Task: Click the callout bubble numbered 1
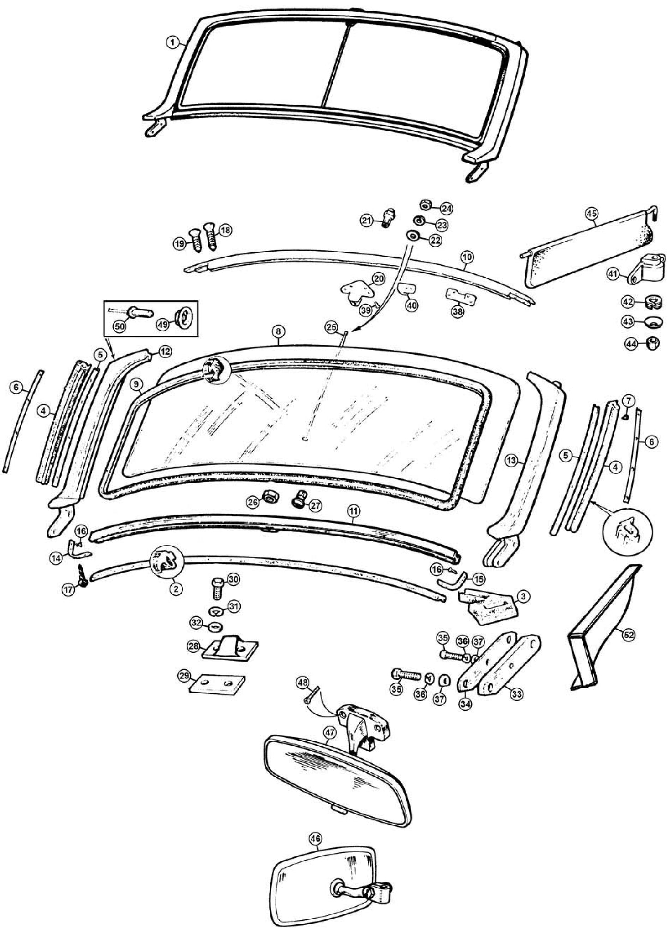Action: pyautogui.click(x=172, y=42)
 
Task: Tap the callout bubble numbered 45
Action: pyautogui.click(x=591, y=214)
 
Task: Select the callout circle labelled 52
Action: pyautogui.click(x=629, y=635)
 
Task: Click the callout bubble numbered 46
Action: pyautogui.click(x=315, y=839)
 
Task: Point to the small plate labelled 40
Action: pyautogui.click(x=407, y=289)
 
